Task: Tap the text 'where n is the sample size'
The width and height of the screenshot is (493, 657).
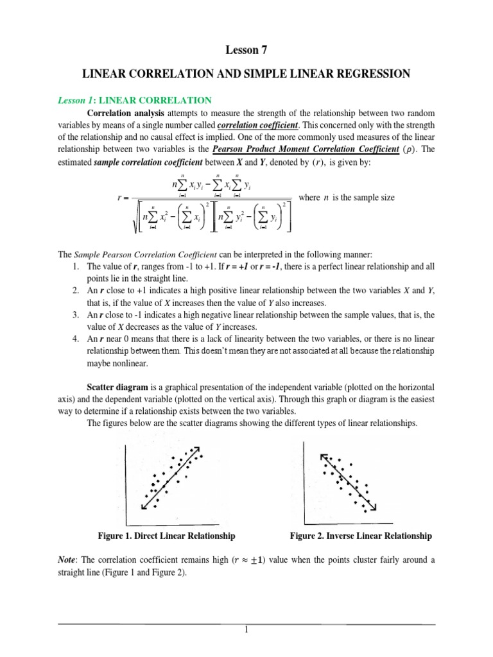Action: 347,198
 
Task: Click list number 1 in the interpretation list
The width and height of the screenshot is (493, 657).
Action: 75,266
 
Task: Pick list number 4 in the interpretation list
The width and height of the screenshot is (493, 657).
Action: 75,339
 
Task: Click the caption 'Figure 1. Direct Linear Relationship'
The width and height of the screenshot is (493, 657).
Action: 166,536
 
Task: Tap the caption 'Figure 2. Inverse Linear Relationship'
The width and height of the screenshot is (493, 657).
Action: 361,536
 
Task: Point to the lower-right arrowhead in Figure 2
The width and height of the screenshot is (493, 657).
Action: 373,508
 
